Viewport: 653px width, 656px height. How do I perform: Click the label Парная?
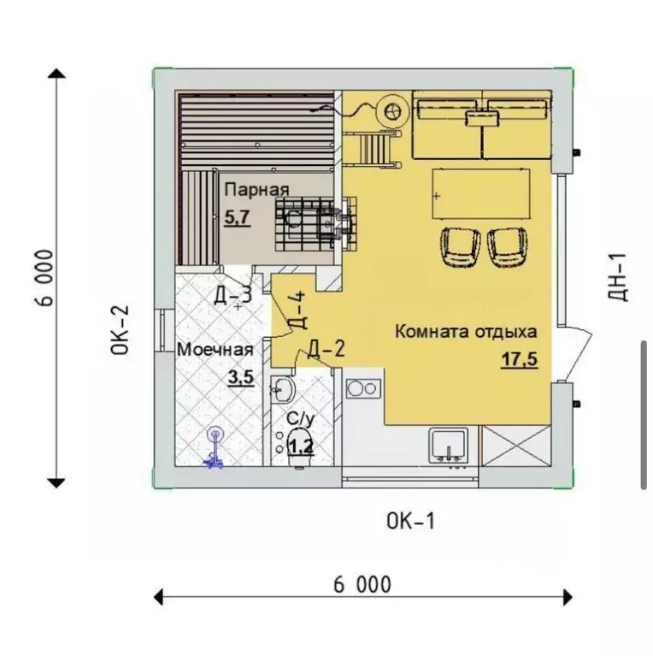coord(256,190)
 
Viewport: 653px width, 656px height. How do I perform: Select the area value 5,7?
coord(238,217)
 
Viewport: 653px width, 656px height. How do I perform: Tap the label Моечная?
coord(215,349)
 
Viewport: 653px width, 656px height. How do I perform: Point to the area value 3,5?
coord(241,378)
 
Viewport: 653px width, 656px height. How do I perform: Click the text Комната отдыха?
coord(466,332)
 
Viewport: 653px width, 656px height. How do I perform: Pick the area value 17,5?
coord(520,359)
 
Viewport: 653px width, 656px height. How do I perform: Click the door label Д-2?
coord(326,348)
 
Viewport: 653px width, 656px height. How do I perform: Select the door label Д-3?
coord(233,295)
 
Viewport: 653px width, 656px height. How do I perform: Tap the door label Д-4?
coord(297,310)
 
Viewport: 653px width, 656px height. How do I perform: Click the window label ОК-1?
coord(410,521)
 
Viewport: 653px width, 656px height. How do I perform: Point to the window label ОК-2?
coord(120,330)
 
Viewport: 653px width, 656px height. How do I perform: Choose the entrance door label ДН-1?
coord(616,276)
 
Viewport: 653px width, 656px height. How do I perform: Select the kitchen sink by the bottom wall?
coord(449,446)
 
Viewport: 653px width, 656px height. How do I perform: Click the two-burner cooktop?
coord(363,388)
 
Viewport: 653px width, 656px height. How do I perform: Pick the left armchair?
coord(460,247)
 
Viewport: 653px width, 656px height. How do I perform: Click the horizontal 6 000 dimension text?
coord(362,585)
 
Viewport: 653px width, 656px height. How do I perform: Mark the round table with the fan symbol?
coord(392,112)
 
